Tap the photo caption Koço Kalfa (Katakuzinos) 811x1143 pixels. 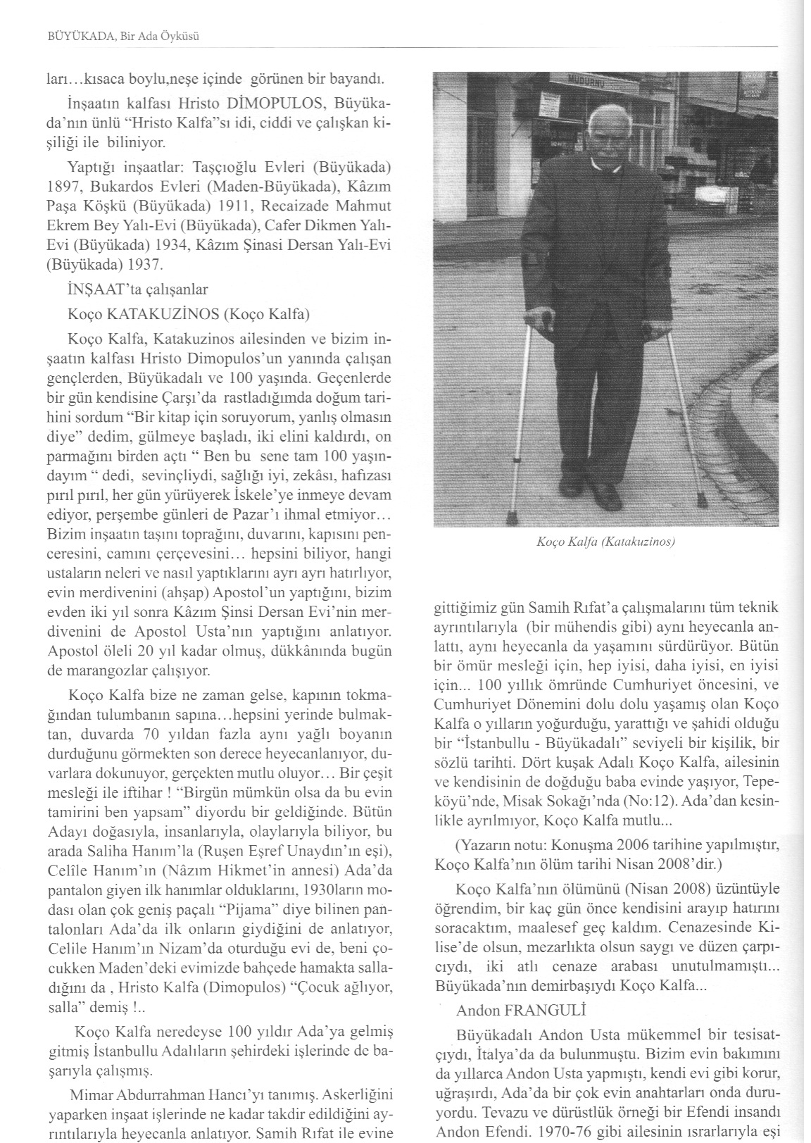pos(605,542)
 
